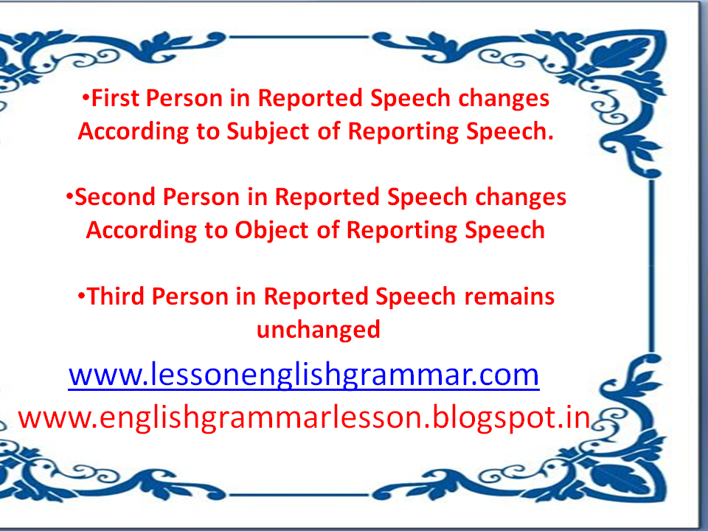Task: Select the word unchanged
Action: coord(319,329)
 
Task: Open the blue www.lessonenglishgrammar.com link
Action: coord(304,375)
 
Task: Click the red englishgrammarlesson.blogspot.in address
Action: coord(305,417)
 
